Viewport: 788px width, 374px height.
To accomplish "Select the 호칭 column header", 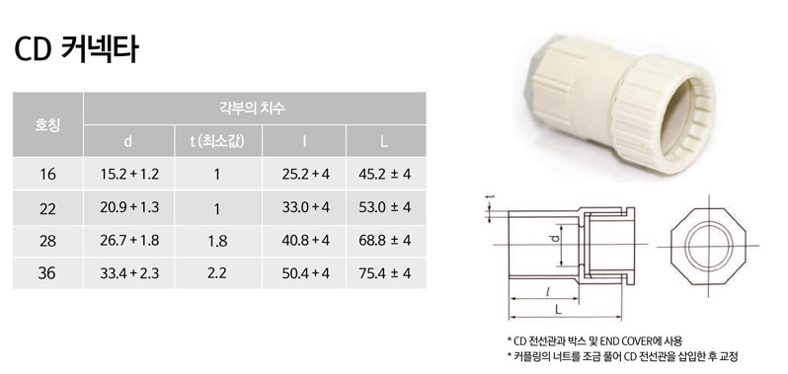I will tap(47, 124).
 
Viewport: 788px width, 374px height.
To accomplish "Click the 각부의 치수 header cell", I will tap(254, 107).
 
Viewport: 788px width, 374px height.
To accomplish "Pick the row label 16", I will tap(47, 175).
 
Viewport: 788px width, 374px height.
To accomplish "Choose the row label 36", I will tap(47, 272).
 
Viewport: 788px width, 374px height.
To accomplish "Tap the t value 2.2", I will tap(216, 272).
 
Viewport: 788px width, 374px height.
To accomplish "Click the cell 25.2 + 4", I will tap(305, 175).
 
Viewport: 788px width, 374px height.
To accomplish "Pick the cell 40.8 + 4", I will tap(305, 240).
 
